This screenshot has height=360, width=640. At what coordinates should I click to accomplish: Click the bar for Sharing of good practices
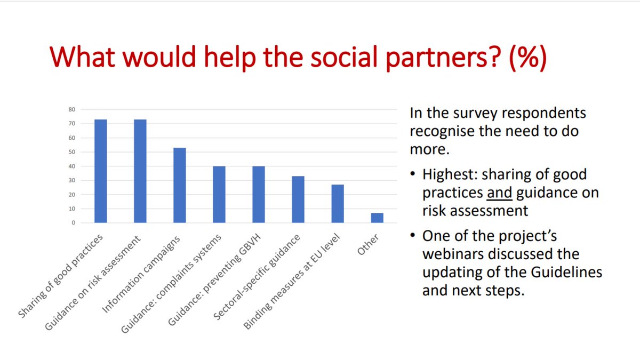100,171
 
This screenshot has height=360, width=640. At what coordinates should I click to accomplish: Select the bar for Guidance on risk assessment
140,171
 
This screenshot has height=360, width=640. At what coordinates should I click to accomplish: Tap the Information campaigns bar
180,185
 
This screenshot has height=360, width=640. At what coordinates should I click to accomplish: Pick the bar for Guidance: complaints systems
219,195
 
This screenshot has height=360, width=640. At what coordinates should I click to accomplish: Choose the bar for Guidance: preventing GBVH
259,195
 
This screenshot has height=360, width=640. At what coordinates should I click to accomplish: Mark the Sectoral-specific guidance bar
298,199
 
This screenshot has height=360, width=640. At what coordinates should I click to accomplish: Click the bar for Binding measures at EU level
338,204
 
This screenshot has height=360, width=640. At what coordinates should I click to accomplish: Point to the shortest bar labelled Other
377,218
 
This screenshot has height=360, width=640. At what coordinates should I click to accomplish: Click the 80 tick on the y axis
72,109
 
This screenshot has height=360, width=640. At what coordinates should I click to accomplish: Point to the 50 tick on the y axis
72,152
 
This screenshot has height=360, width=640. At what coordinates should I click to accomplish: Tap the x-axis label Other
369,244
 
